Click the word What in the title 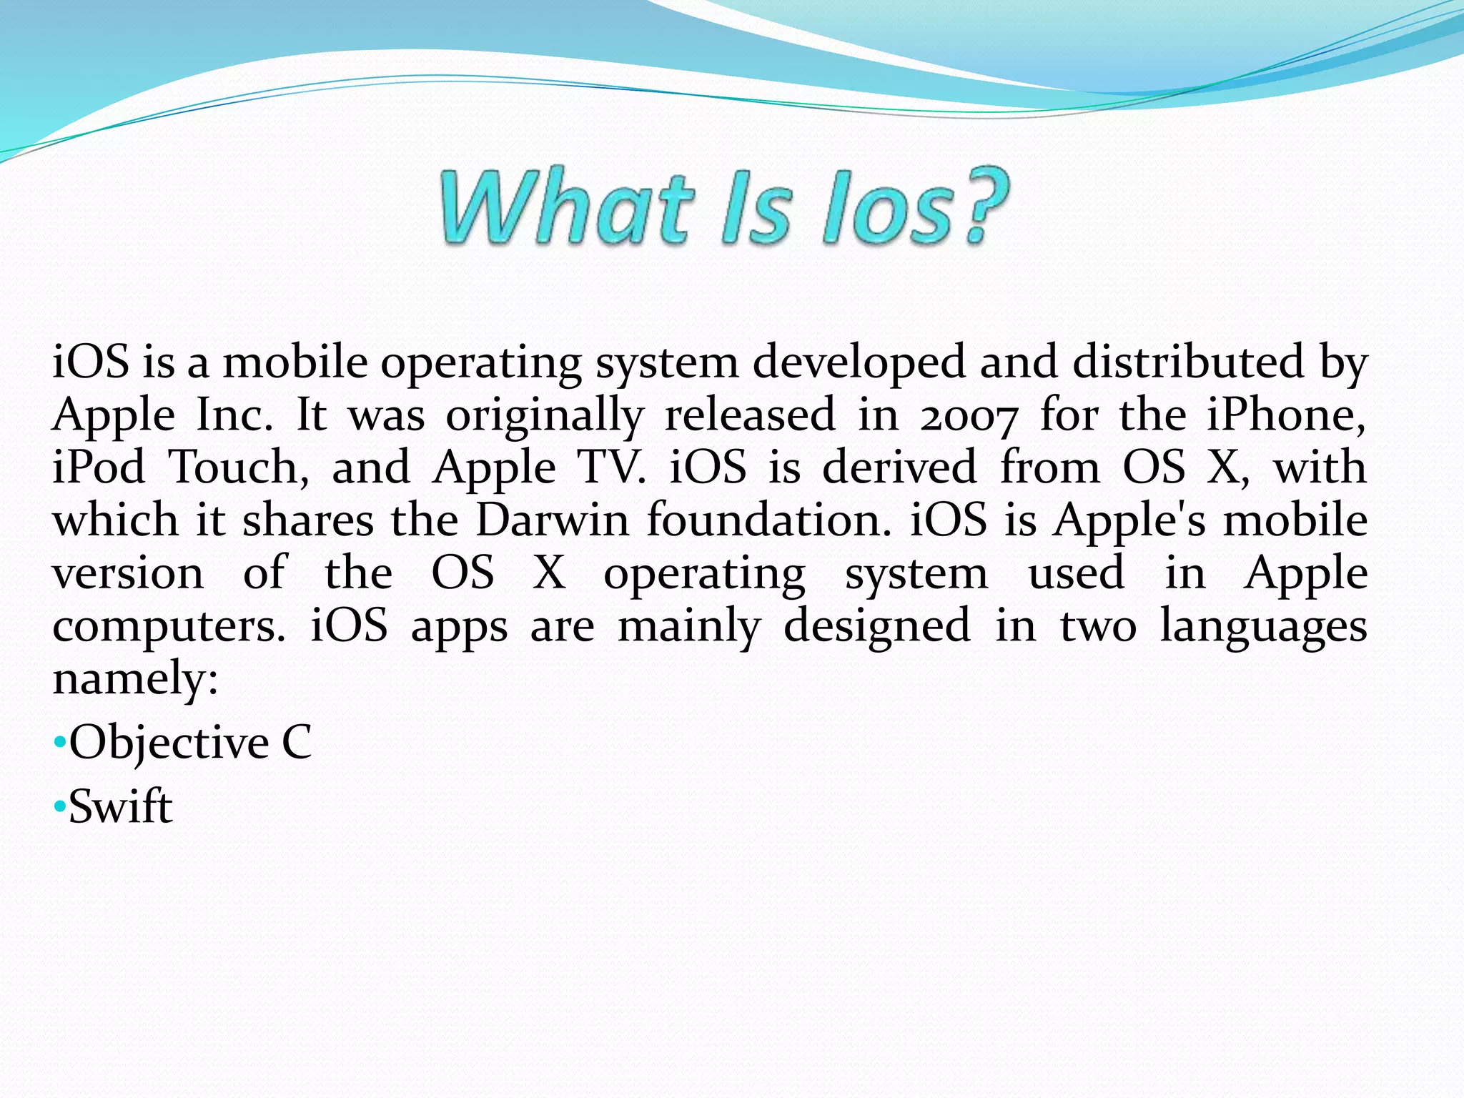(x=565, y=207)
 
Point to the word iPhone (x=1285, y=416)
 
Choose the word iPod (x=99, y=468)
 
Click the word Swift (x=120, y=807)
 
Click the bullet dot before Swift (x=59, y=806)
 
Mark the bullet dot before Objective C (x=59, y=742)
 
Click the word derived (x=899, y=468)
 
